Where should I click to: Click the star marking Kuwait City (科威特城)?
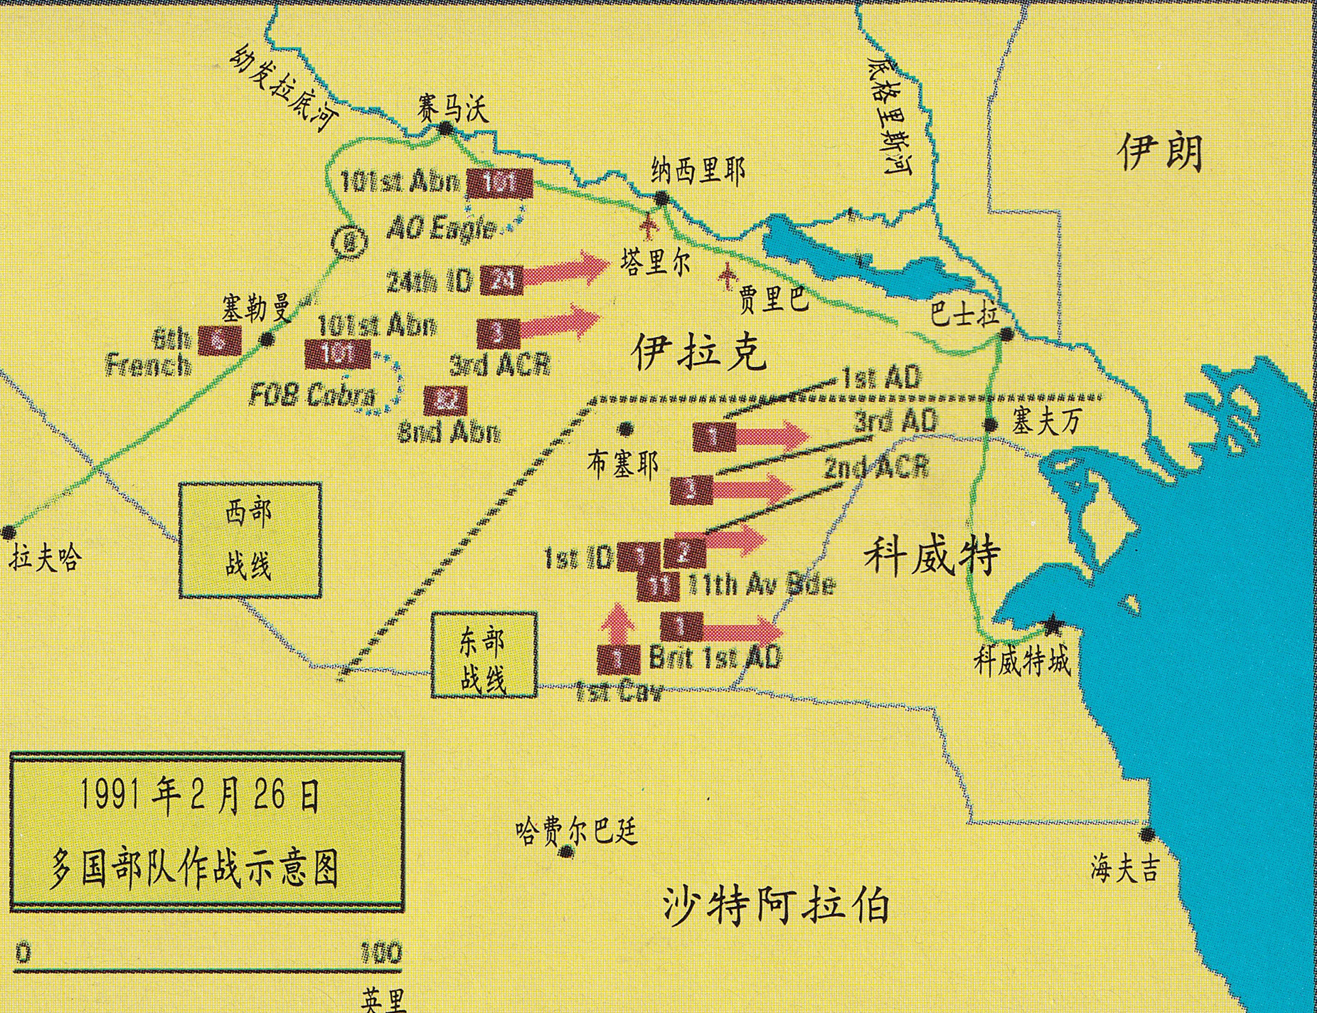(x=1052, y=626)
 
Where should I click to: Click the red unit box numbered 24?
(x=501, y=280)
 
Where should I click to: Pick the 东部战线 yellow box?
(x=484, y=655)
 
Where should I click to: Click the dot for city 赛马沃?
(x=446, y=129)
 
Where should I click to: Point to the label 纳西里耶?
(x=698, y=171)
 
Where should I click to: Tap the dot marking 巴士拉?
(x=1006, y=334)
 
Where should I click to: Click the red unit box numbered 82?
(x=445, y=401)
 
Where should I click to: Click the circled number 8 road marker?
(x=349, y=244)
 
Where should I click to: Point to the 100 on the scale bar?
(x=381, y=953)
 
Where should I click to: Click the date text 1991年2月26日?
(x=199, y=797)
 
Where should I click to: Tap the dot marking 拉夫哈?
(x=9, y=531)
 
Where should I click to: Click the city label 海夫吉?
(x=1125, y=869)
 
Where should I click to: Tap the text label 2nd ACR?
(x=876, y=468)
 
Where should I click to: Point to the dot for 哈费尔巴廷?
(x=566, y=852)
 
